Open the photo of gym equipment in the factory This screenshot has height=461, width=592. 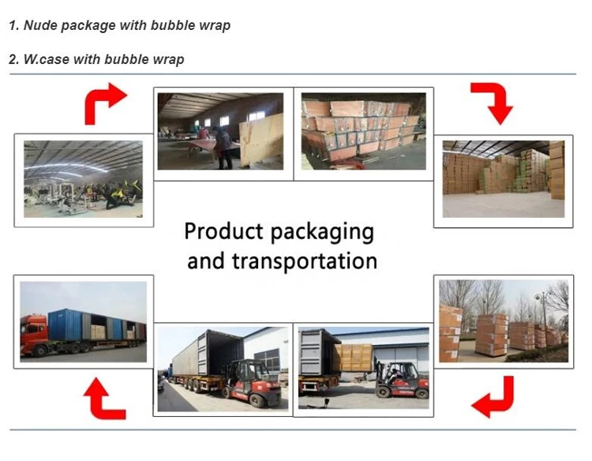[83, 179]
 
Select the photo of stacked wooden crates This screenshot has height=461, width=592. [363, 131]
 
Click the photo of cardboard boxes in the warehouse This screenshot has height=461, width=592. [504, 179]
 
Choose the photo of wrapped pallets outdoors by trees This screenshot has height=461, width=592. [504, 320]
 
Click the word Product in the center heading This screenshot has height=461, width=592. [224, 232]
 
